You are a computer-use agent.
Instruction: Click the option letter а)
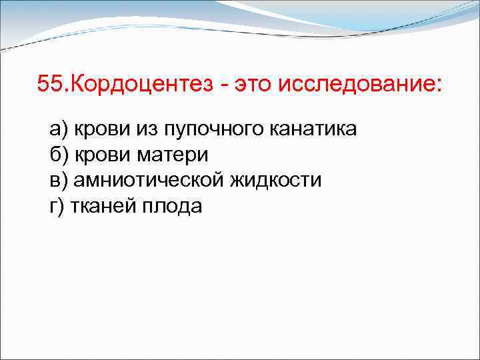(x=58, y=128)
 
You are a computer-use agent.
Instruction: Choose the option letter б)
(x=58, y=155)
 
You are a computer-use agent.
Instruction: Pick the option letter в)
(x=58, y=181)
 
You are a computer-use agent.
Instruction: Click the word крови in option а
(x=97, y=128)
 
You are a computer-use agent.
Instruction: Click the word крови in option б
(x=98, y=155)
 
